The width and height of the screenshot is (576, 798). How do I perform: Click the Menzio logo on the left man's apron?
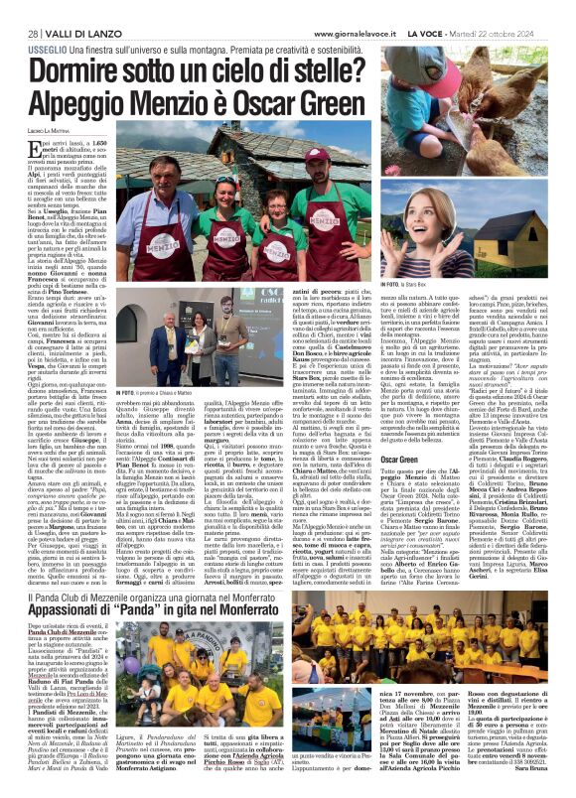[x=155, y=239]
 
